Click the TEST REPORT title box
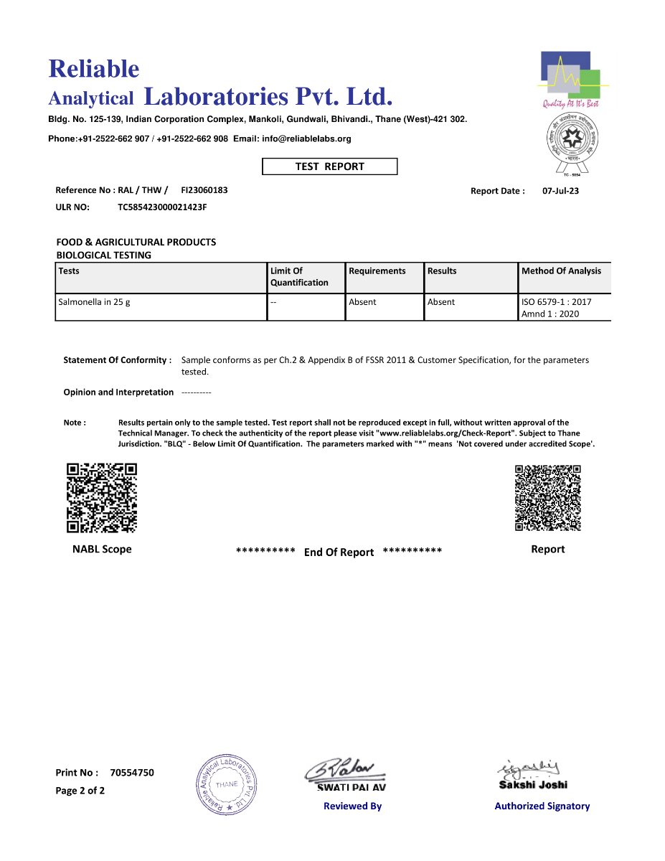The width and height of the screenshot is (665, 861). pos(329,166)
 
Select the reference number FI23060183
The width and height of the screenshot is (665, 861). pos(204,190)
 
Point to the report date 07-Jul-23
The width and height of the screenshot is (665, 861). pos(560,191)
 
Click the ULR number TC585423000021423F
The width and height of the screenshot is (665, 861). pos(162,207)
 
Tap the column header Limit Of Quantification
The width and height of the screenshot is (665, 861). pos(299,277)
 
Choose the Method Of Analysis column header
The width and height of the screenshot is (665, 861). pos(561,271)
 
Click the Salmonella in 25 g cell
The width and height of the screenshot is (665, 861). pos(94,302)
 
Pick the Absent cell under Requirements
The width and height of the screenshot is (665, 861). pos(362,302)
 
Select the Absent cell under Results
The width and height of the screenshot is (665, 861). pos(441,302)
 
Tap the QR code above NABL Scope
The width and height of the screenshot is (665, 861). pos(101,498)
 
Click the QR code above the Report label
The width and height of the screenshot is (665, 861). pos(547,498)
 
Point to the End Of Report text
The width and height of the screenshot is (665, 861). pos(339,552)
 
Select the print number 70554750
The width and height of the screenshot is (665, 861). pos(132,773)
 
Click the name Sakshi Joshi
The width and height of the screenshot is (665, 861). pos(533,785)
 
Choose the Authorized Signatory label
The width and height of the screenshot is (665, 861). pos(542,806)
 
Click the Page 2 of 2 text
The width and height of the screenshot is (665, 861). pos(80,791)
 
